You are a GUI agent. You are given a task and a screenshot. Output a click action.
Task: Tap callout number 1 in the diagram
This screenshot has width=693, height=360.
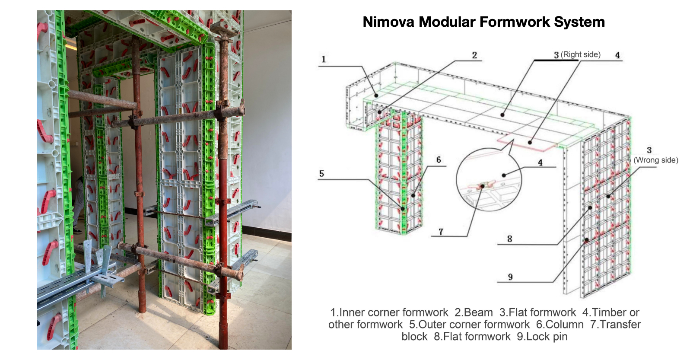(324, 59)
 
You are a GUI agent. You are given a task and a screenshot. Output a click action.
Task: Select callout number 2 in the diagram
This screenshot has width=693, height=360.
(474, 55)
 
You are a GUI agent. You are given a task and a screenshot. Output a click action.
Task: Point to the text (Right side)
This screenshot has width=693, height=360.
(580, 54)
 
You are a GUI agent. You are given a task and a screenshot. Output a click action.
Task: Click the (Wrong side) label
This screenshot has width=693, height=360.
(655, 160)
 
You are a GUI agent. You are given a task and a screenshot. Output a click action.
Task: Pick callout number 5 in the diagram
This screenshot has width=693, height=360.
(322, 174)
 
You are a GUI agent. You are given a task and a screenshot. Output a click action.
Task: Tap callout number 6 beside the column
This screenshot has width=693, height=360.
(439, 160)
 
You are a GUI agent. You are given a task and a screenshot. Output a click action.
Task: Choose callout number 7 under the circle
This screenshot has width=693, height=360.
(441, 232)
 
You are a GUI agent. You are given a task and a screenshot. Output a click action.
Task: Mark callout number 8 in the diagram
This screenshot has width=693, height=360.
(509, 239)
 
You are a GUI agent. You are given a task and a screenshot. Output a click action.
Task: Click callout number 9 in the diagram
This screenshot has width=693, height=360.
(510, 277)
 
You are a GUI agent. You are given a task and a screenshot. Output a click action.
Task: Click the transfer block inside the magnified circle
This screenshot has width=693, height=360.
(482, 186)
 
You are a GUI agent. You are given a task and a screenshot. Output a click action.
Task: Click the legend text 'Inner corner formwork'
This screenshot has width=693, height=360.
(394, 312)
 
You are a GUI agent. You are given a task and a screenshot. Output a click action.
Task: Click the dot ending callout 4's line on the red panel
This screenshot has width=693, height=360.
(530, 143)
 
